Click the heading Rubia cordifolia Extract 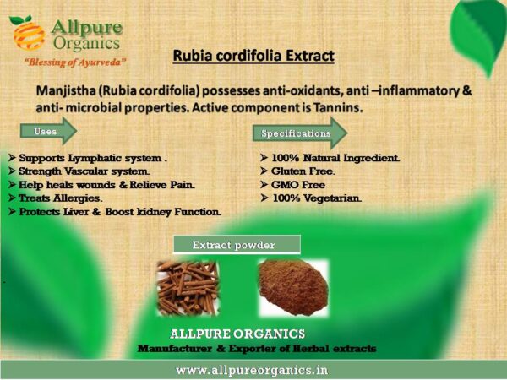click(x=253, y=56)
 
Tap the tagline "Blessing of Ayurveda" click(x=75, y=62)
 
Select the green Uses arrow click(x=48, y=131)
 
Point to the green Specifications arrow click(x=300, y=133)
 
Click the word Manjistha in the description click(x=66, y=91)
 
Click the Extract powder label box click(x=237, y=245)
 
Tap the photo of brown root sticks click(x=188, y=288)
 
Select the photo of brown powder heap click(x=293, y=288)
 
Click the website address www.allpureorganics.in click(x=252, y=370)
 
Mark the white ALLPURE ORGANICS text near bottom click(x=237, y=334)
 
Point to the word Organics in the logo click(x=87, y=43)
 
